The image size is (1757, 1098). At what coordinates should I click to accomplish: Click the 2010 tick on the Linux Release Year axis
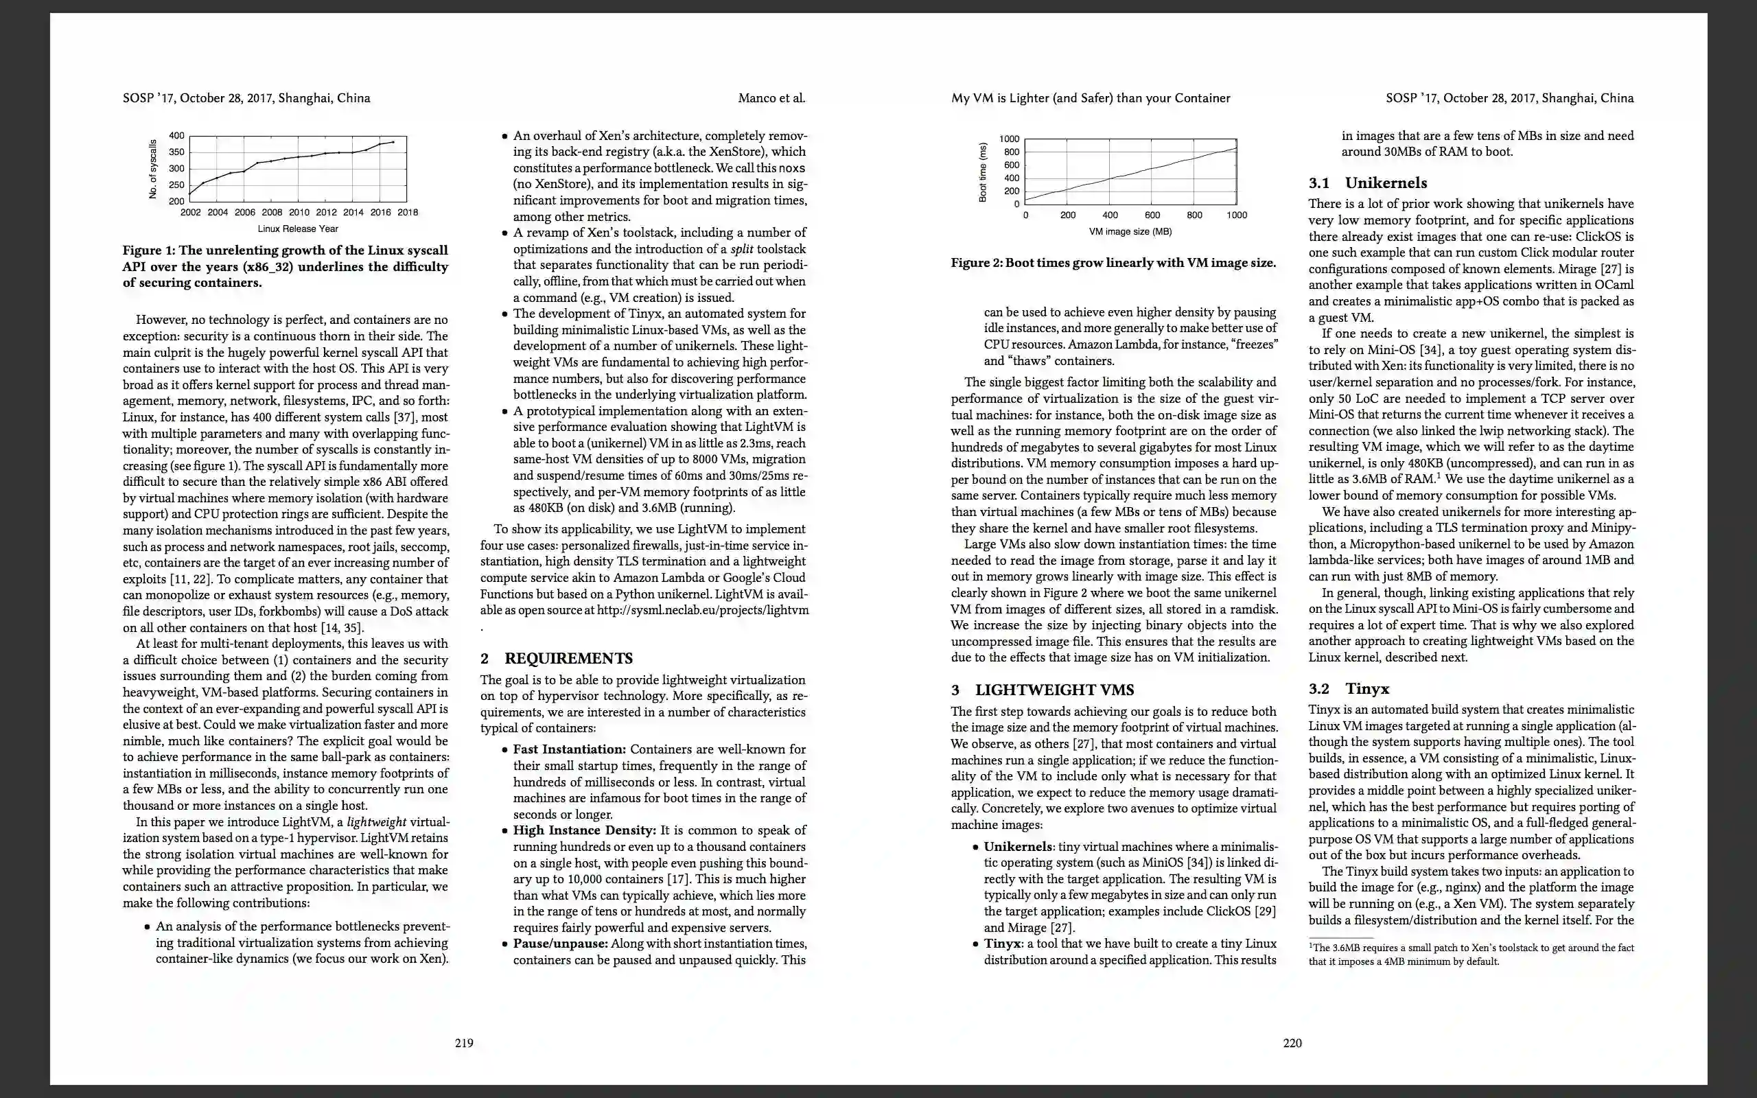tap(299, 213)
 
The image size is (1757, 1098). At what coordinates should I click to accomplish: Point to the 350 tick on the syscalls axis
tap(176, 152)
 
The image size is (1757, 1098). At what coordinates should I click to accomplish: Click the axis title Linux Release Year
tap(298, 229)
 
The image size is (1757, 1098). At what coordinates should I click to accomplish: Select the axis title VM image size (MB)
tap(1130, 232)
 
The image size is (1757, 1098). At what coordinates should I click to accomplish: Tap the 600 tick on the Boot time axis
tap(1012, 165)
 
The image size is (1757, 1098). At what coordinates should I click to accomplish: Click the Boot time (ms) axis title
tap(983, 172)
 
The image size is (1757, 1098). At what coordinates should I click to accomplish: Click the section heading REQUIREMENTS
tap(568, 659)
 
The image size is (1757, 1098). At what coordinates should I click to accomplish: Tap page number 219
tap(464, 1043)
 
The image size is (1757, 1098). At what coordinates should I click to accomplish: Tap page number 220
tap(1292, 1043)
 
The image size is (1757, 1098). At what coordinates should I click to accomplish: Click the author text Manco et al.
tap(771, 98)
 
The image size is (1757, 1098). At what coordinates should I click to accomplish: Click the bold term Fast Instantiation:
tap(569, 749)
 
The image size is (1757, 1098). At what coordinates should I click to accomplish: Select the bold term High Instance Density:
tap(585, 830)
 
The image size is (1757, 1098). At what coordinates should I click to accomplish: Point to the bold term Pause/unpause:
tap(561, 944)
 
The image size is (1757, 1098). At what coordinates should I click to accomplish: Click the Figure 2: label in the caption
tap(977, 263)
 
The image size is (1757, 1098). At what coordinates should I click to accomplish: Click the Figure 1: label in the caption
tap(149, 250)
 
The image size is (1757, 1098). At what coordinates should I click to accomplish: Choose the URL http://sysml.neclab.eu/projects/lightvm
tap(702, 610)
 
